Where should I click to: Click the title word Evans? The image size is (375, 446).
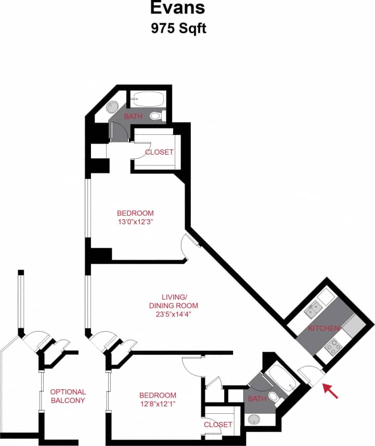point(178,8)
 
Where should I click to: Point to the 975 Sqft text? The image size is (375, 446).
point(178,28)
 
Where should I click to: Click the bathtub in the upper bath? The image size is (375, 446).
point(147,99)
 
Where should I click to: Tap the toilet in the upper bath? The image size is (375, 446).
point(157,116)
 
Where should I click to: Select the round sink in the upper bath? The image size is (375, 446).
point(113,107)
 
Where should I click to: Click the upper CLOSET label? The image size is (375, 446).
point(159,152)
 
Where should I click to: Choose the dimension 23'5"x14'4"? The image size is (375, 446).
point(174,314)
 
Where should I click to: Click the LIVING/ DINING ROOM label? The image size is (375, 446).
point(174,301)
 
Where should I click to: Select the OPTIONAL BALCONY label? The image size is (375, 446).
point(68,396)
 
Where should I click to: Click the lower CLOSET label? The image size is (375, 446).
point(218,425)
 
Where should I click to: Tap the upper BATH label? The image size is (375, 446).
point(133,116)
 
